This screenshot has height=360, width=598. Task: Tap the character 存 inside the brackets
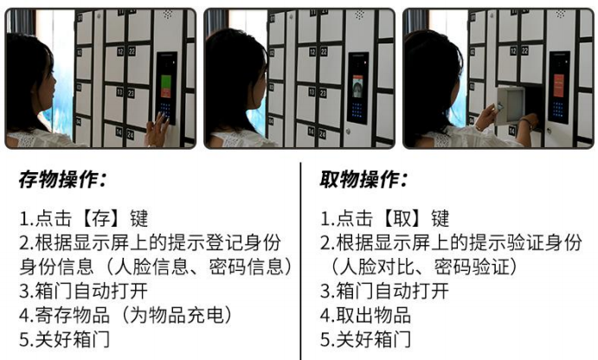click(100, 219)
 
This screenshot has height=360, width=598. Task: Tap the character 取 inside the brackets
click(402, 219)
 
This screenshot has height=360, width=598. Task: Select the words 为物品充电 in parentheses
click(177, 315)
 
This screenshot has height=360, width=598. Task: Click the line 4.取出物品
click(365, 315)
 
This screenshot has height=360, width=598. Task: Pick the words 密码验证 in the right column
click(472, 267)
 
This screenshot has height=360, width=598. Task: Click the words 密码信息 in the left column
click(247, 267)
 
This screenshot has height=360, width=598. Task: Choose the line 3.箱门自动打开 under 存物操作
click(84, 291)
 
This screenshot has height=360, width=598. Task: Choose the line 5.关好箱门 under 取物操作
click(365, 339)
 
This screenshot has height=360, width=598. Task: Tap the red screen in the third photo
click(559, 86)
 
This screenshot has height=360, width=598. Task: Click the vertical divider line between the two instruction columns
click(300, 261)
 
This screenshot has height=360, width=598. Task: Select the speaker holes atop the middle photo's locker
click(360, 15)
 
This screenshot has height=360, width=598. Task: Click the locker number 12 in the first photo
click(120, 51)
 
